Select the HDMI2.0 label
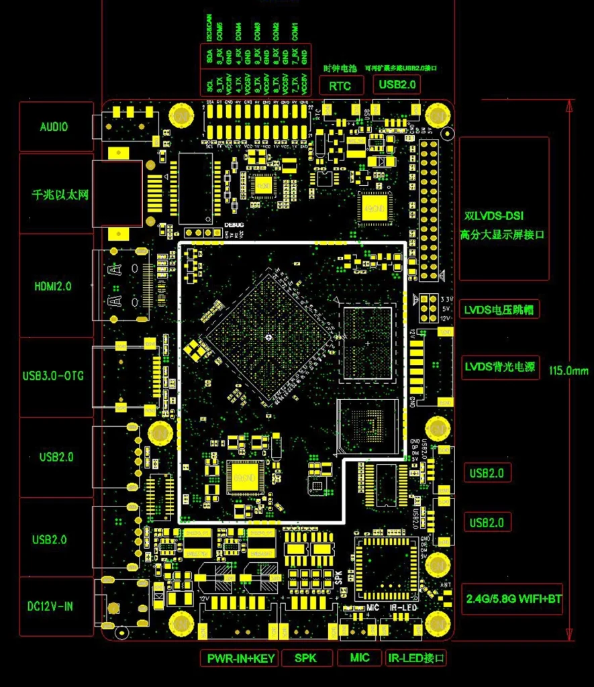coord(56,286)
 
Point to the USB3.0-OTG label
coord(56,376)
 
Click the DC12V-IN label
coord(56,606)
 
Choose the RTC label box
coord(340,85)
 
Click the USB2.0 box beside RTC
coord(398,85)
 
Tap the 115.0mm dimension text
coord(568,370)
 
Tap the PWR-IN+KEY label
coord(240,658)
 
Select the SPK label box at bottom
coord(306,658)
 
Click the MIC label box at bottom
coord(360,657)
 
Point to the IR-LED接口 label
coord(416,658)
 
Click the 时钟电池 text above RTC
coord(337,68)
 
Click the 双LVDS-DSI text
coord(494,216)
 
